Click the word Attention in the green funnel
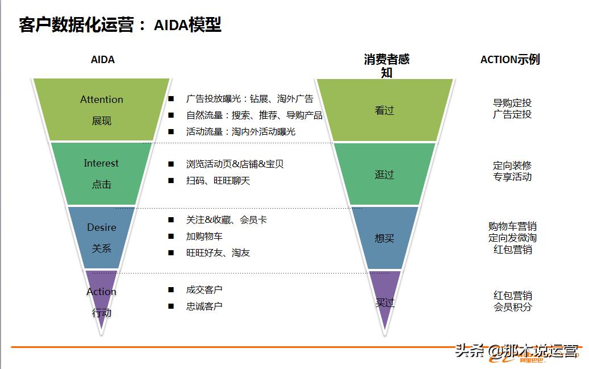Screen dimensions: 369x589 click(102, 99)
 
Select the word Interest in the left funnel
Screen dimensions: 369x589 click(101, 163)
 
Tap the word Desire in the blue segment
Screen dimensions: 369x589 click(102, 227)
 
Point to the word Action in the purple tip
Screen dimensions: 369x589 click(101, 292)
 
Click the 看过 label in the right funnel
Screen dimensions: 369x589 click(385, 111)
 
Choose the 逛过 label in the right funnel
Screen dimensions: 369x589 click(385, 175)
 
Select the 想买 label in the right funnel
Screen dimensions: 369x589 click(385, 238)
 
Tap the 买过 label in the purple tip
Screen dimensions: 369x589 click(385, 302)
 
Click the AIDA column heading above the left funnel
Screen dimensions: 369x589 click(103, 59)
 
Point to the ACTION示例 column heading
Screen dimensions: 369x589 click(510, 59)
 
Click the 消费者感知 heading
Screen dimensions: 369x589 click(386, 65)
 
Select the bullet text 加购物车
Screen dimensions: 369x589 click(204, 236)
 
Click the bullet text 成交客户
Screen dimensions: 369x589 click(204, 290)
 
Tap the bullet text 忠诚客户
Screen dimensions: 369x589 click(204, 306)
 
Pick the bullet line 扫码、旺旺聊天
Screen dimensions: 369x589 click(218, 181)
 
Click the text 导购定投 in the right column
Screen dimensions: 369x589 click(512, 103)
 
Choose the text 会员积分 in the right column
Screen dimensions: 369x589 click(512, 306)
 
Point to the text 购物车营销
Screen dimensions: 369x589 click(512, 226)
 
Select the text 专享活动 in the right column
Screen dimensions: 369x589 click(512, 176)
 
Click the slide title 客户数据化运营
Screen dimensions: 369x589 click(76, 25)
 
